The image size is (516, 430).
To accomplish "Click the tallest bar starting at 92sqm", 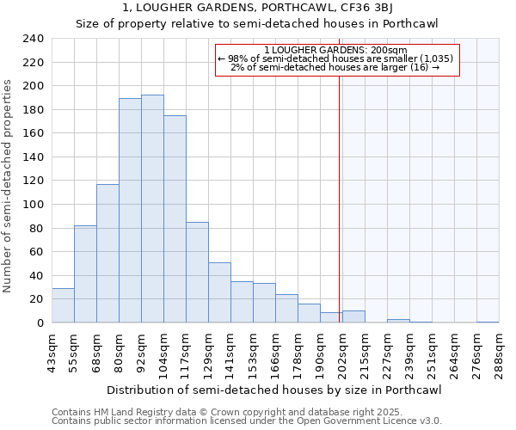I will point(152,209).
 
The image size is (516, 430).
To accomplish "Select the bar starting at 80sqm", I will point(130,211).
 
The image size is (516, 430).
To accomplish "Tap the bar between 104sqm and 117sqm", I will point(175,219).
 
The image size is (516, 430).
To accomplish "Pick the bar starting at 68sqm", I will point(107,254).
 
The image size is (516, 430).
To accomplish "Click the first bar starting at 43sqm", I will point(63,305).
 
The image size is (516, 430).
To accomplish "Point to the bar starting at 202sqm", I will point(353,316).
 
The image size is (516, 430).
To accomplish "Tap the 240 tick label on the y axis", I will point(34,39).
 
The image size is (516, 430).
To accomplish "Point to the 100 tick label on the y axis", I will point(34,205).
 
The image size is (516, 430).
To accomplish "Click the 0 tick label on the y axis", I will point(40,323).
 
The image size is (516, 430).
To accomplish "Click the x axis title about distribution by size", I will point(275,390).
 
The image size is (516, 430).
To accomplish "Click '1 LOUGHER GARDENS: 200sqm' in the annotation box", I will point(335,50).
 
